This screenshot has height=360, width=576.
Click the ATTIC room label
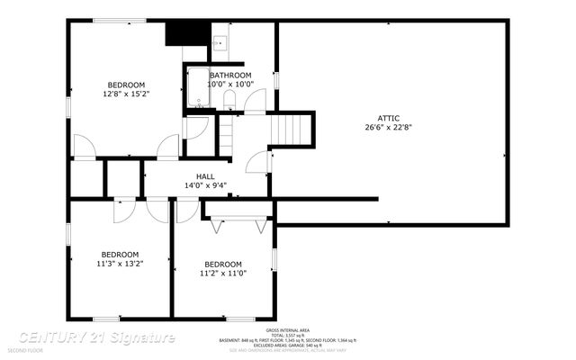click(x=389, y=118)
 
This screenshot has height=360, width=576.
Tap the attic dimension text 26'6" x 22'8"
click(x=389, y=128)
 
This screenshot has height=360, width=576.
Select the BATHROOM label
click(x=230, y=76)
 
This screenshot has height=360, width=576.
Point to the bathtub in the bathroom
click(x=197, y=88)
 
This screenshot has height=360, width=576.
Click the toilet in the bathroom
click(x=229, y=99)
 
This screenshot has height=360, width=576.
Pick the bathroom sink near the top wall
click(x=219, y=42)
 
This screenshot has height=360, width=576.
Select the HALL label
click(x=205, y=176)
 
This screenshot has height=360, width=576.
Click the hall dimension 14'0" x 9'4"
click(x=205, y=186)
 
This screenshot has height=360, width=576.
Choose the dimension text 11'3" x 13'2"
click(x=120, y=263)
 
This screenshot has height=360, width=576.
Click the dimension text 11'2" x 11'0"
click(x=222, y=273)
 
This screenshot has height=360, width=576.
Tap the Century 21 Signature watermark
click(x=90, y=337)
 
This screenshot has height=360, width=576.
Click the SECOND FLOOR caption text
click(x=26, y=350)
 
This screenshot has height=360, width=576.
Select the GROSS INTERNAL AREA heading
click(x=289, y=330)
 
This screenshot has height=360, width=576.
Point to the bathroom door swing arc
click(x=256, y=100)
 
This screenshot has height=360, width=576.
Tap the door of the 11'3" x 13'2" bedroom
click(x=122, y=210)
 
